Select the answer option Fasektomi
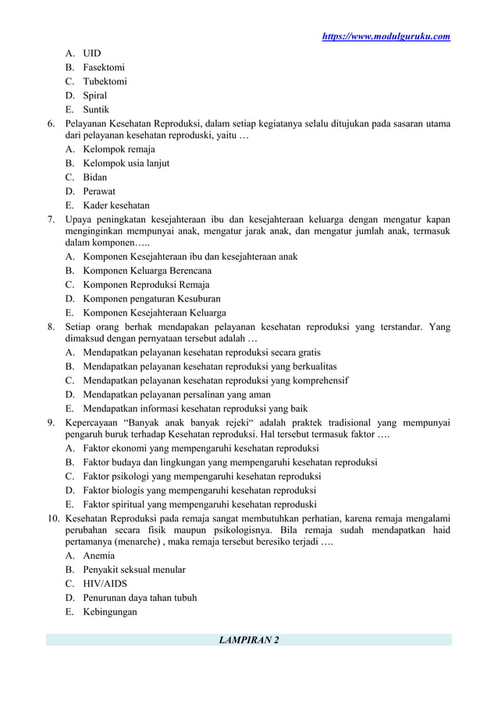(x=104, y=68)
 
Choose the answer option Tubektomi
(x=105, y=82)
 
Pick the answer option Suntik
(x=96, y=110)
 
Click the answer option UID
(x=92, y=54)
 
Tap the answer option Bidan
(x=95, y=177)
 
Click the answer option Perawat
(x=99, y=191)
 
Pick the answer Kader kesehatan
(x=116, y=205)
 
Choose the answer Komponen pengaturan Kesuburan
(x=151, y=299)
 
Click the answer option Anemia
(x=99, y=556)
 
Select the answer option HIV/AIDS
(x=105, y=585)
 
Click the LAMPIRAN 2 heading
(x=248, y=641)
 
